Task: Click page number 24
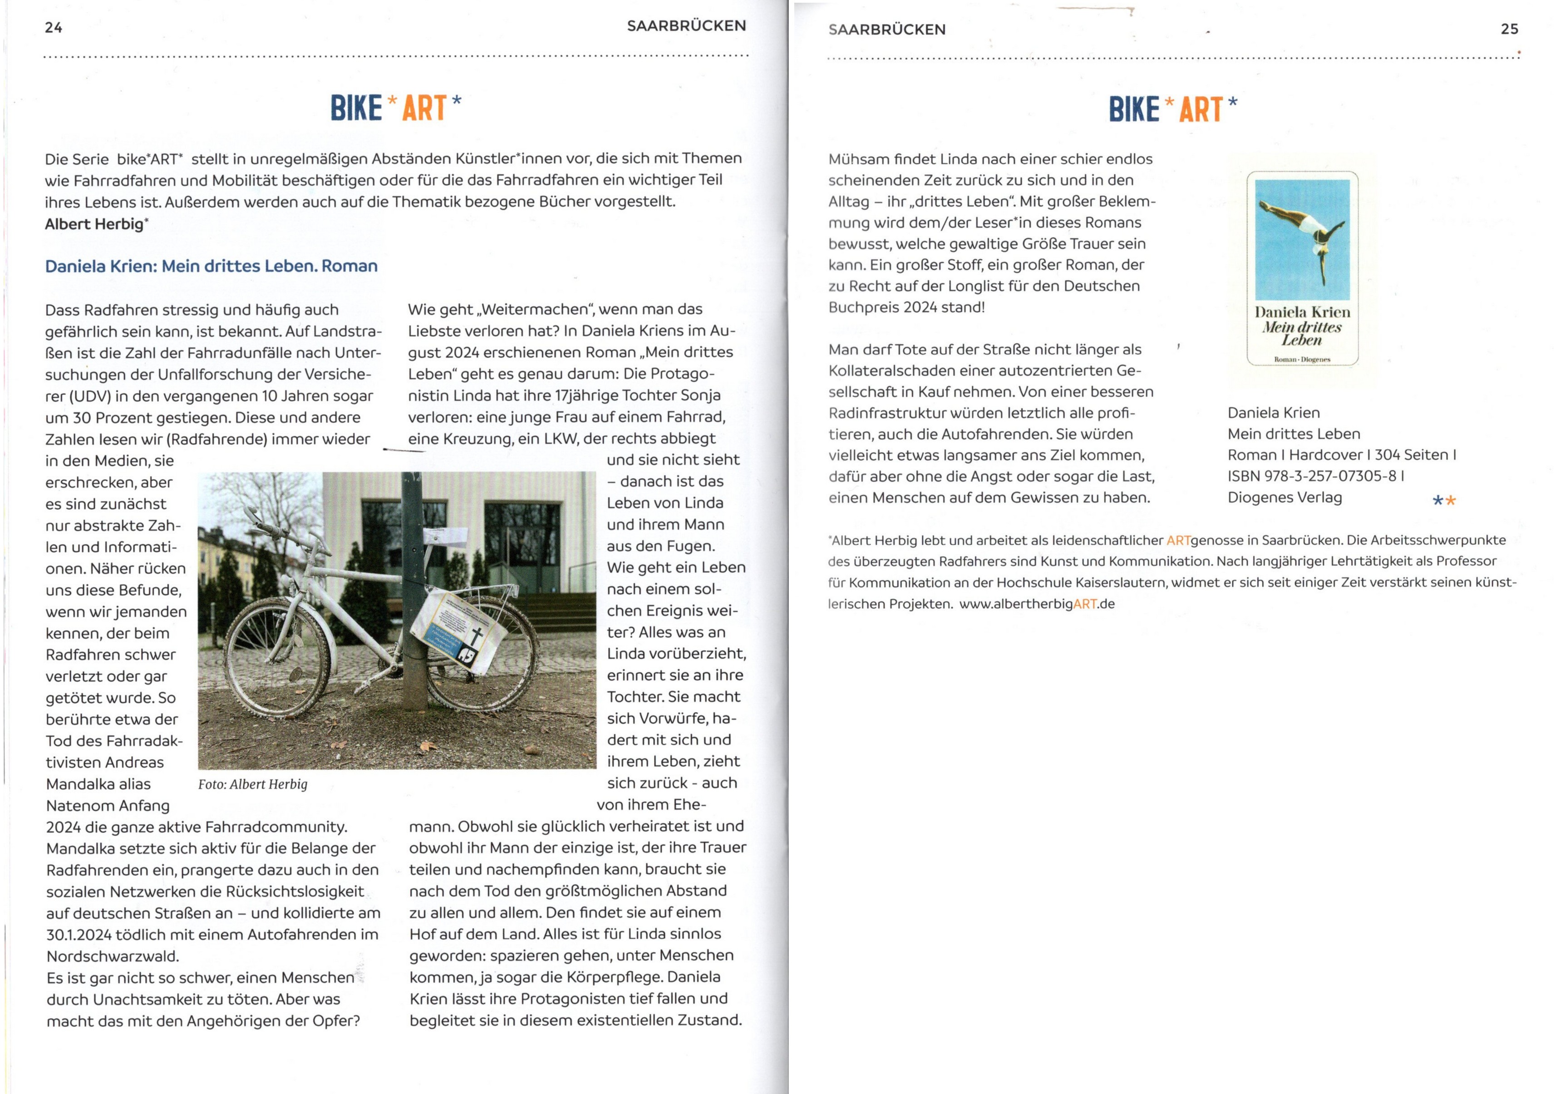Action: click(54, 28)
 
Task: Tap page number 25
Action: click(1509, 29)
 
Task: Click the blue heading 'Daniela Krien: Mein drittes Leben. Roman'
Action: click(212, 266)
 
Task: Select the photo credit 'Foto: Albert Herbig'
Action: click(253, 784)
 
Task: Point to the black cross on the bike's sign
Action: click(477, 638)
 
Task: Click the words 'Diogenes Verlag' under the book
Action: click(1284, 498)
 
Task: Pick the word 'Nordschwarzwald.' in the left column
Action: click(113, 956)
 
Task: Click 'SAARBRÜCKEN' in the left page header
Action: click(686, 26)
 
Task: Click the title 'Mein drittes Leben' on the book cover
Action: click(1302, 333)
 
